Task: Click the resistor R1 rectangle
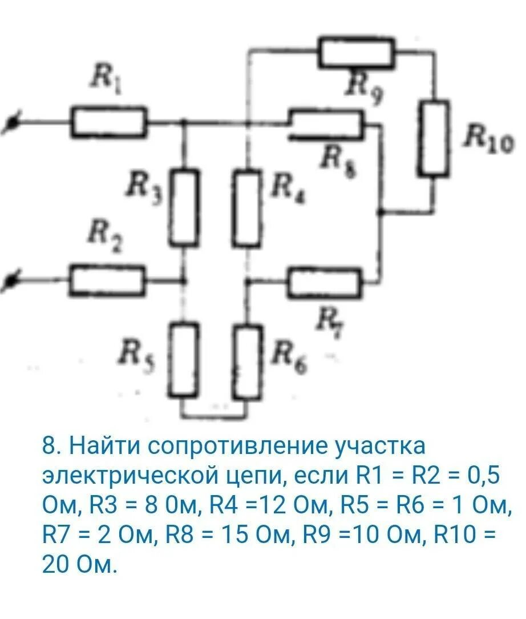pos(108,122)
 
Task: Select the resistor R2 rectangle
pos(107,280)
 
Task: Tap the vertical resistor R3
pos(184,207)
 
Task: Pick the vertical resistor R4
pos(248,207)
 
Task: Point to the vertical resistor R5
pos(184,360)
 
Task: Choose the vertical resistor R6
pos(248,361)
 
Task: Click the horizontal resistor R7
pos(324,282)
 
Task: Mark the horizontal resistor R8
pos(325,124)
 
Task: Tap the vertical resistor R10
pos(434,138)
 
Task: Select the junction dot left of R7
pos(248,281)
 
